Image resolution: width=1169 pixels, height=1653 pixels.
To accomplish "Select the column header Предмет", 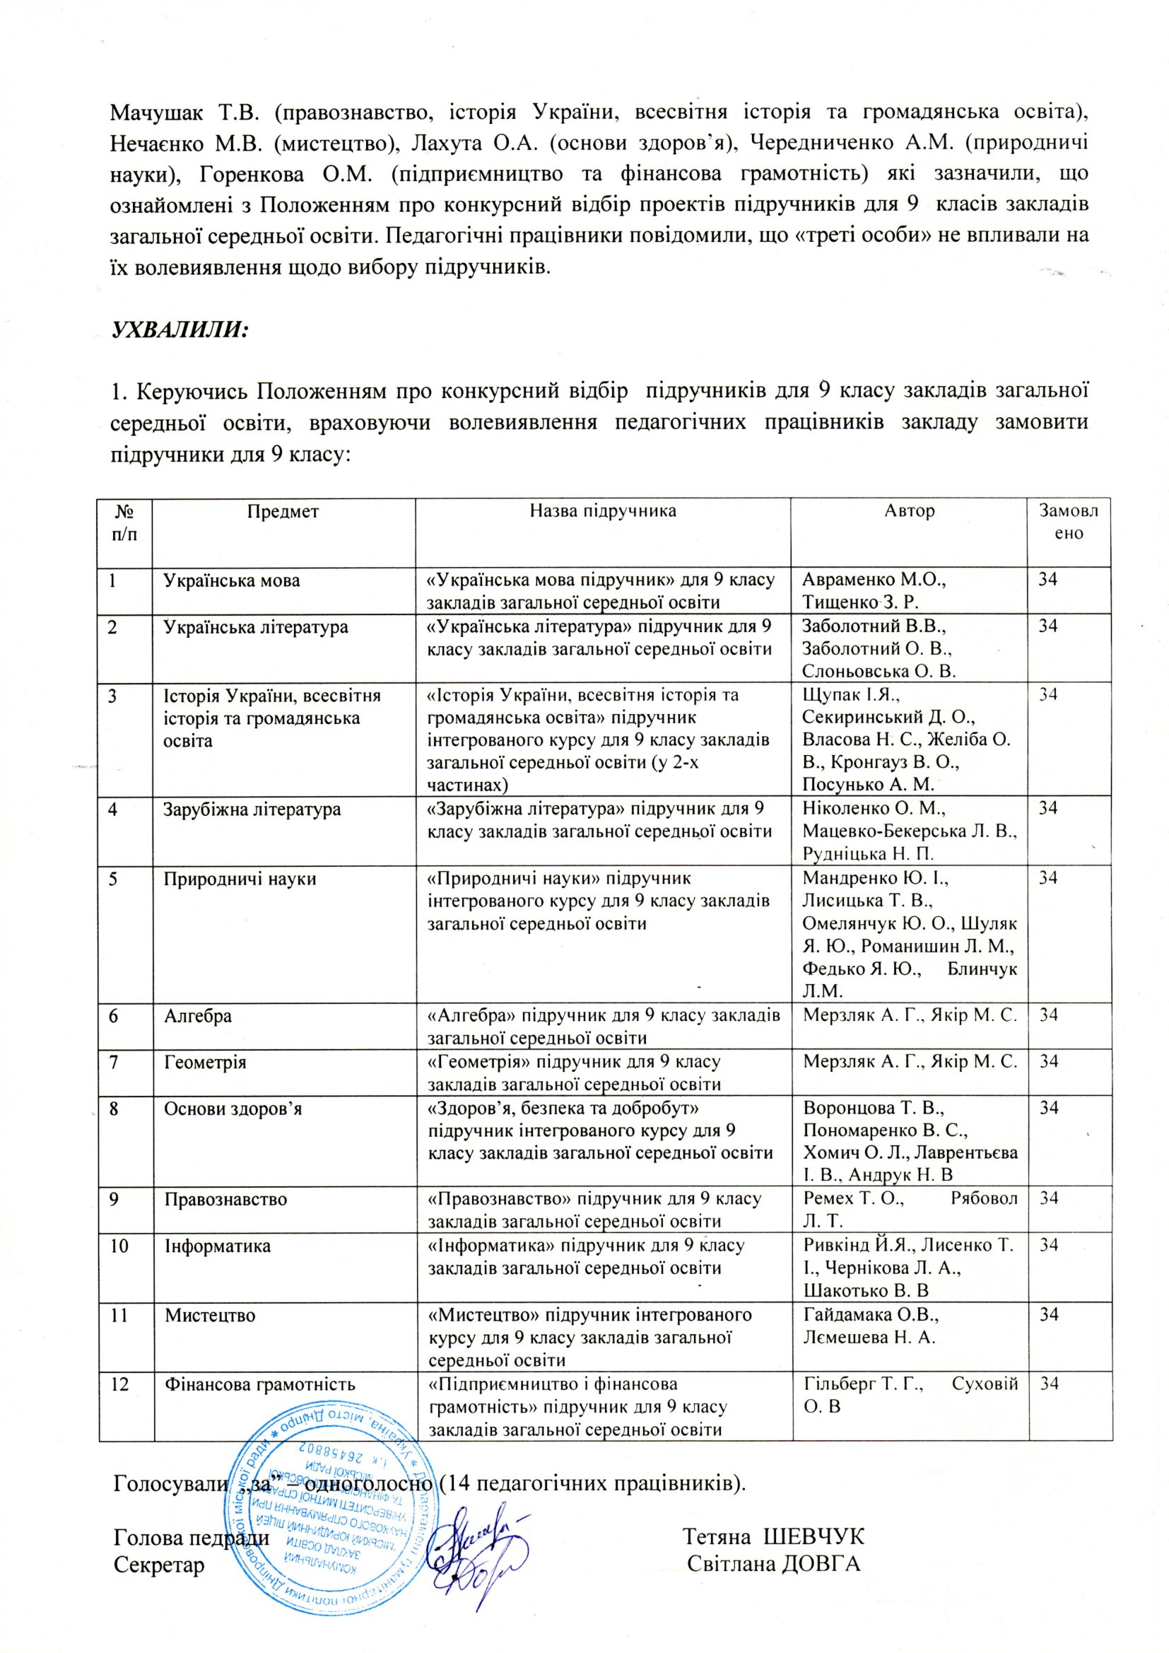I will click(283, 512).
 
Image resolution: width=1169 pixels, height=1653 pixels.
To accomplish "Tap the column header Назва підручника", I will click(602, 512).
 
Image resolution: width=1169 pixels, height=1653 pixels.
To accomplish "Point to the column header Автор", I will click(909, 512).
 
